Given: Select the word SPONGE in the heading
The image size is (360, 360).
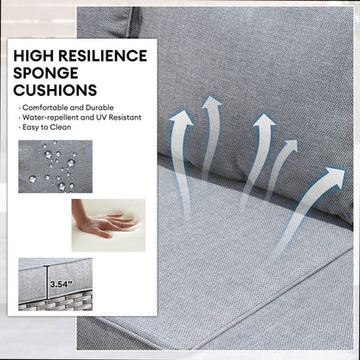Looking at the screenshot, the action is (x=46, y=73).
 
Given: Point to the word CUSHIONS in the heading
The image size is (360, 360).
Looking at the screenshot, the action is (x=55, y=90).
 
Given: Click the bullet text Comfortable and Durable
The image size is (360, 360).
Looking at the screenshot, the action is (x=68, y=107).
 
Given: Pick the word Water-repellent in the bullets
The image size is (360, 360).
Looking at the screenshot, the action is (x=50, y=118).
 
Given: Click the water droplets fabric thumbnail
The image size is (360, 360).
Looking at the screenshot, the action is (x=55, y=166).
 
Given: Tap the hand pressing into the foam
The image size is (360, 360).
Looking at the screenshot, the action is (x=104, y=223).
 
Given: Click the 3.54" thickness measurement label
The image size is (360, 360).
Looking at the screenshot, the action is (x=61, y=285).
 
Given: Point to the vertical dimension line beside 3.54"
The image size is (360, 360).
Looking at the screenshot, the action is (x=47, y=283).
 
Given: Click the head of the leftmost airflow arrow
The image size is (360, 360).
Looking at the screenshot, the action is (x=182, y=119).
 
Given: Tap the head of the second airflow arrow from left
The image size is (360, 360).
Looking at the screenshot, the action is (x=212, y=103).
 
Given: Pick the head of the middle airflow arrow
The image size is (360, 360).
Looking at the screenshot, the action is (x=264, y=120).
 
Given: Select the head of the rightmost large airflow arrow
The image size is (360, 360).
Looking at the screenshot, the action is (x=335, y=177).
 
